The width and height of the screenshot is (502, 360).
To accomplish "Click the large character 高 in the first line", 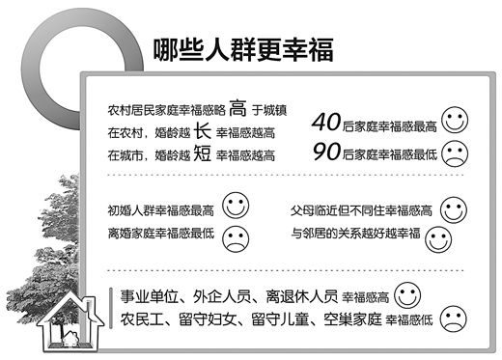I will tap(213, 107).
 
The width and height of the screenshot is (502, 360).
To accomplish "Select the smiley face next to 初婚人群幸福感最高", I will tap(235, 204).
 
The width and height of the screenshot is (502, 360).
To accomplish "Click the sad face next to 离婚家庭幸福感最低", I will tap(235, 235).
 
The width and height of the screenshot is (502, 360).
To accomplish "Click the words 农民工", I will tap(142, 318).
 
